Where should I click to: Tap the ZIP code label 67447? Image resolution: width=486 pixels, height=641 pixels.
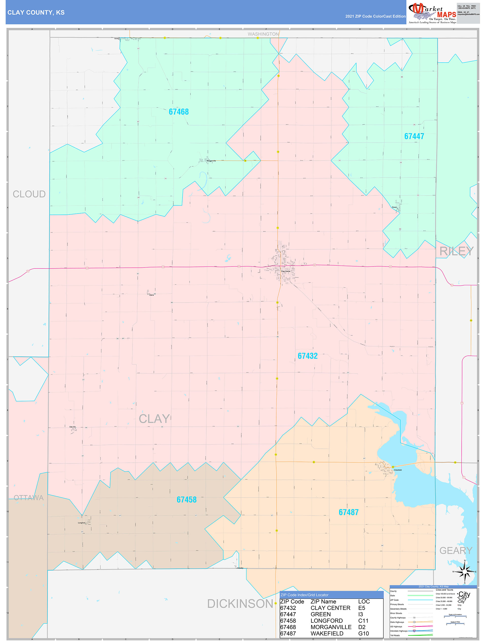coord(414,136)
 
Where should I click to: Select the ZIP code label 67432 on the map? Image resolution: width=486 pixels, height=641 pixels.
coord(308,356)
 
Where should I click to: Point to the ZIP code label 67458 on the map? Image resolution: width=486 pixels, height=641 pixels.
coord(186,499)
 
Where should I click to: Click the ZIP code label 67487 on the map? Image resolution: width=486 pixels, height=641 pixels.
coord(349,512)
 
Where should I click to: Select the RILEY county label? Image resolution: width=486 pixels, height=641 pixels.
coord(456,251)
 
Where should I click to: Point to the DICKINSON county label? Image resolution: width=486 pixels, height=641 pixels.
coord(240,604)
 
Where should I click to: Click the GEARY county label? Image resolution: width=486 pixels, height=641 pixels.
coord(456,550)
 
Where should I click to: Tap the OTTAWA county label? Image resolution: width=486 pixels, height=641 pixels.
coord(29,498)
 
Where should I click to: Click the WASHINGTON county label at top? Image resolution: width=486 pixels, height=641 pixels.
coord(263,34)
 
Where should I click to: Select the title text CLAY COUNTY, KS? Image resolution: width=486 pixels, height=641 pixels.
coord(36,13)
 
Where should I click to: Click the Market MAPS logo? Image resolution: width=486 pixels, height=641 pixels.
coord(432,13)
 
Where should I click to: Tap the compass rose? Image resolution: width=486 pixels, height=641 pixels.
coord(465,571)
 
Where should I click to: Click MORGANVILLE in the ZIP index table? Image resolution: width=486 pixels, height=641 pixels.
coord(331,627)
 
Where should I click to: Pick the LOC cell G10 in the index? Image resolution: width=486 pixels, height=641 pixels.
coord(363,633)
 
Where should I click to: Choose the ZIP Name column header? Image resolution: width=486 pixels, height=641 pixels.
coord(323,602)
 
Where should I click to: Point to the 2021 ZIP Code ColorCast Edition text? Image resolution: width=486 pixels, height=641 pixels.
coord(375,16)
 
